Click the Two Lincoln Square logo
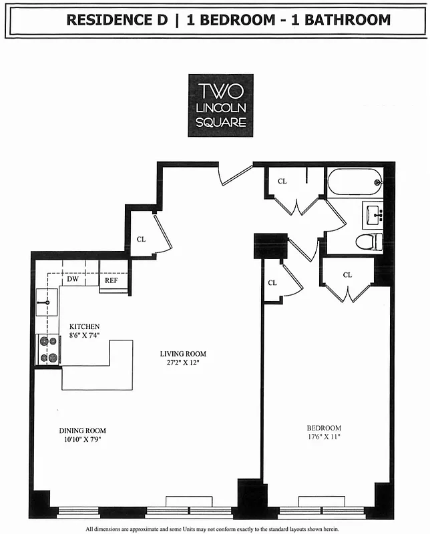pyautogui.click(x=220, y=105)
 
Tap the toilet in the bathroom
pyautogui.click(x=369, y=242)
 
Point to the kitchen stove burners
pyautogui.click(x=47, y=350)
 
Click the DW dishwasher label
pyautogui.click(x=73, y=280)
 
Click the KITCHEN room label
pyautogui.click(x=84, y=326)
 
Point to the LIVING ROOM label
pyautogui.click(x=183, y=354)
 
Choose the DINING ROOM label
pyautogui.click(x=82, y=431)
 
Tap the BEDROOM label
pyautogui.click(x=324, y=428)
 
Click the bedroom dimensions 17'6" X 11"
pyautogui.click(x=324, y=437)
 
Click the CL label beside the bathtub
pyautogui.click(x=282, y=181)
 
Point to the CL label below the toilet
pyautogui.click(x=347, y=274)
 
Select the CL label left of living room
pyautogui.click(x=141, y=238)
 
